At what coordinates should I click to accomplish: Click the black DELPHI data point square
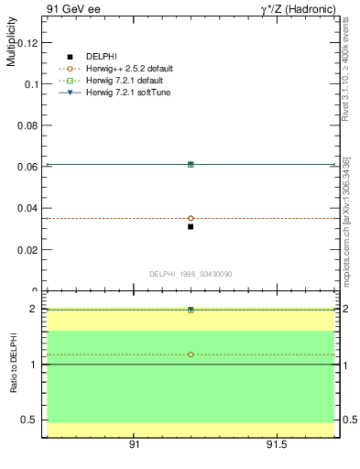pos(191,226)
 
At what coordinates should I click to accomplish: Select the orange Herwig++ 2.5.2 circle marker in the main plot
pos(191,218)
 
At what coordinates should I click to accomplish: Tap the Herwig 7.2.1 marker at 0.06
pos(191,164)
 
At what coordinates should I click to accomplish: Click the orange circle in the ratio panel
pos(191,354)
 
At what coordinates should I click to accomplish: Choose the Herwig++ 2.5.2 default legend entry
pos(127,69)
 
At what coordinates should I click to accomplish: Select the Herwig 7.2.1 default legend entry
pos(126,81)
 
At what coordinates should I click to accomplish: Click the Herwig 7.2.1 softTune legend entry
pos(127,93)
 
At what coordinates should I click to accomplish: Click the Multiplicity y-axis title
pos(11,45)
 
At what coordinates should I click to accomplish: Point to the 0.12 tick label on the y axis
pos(28,42)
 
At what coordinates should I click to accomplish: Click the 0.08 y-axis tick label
pos(28,125)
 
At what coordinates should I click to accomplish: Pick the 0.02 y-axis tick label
pos(28,249)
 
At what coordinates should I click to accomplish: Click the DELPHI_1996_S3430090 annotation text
pos(190,274)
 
